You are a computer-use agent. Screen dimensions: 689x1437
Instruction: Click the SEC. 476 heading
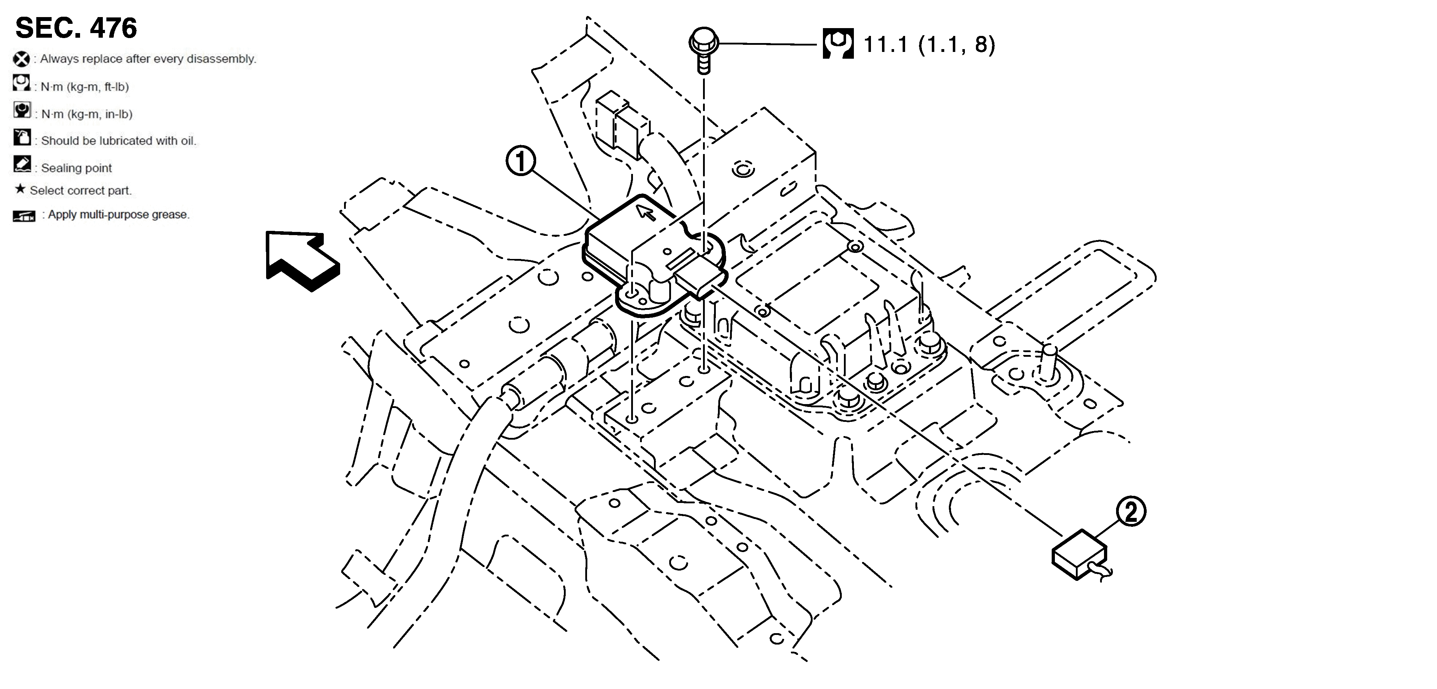[x=76, y=28]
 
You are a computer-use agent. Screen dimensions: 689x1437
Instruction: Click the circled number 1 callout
[x=521, y=162]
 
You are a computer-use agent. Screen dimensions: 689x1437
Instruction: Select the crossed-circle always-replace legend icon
[x=21, y=59]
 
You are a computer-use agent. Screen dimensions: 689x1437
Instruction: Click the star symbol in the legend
[x=20, y=189]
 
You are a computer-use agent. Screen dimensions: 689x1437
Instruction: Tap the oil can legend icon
[x=22, y=137]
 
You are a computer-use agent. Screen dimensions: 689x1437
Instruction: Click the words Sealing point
[x=76, y=168]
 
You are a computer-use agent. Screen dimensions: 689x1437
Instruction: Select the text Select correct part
[x=81, y=190]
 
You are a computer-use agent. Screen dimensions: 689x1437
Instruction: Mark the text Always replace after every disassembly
[x=148, y=59]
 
